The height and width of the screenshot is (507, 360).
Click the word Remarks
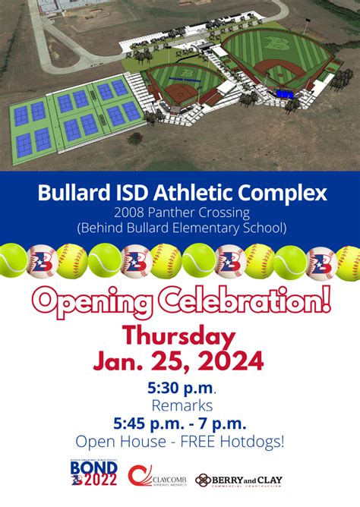[179, 405]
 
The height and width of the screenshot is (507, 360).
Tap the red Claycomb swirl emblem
[139, 477]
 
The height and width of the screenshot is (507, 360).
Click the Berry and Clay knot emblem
[204, 480]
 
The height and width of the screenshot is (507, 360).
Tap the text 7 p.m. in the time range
[227, 423]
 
